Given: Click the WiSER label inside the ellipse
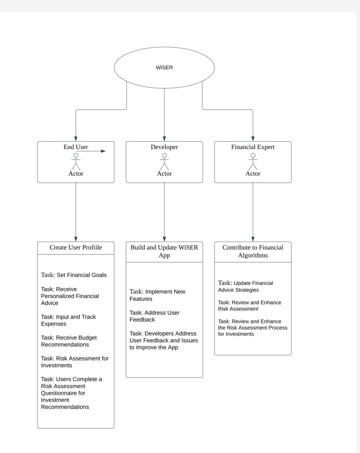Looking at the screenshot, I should pyautogui.click(x=164, y=68).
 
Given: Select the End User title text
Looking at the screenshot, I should pyautogui.click(x=76, y=147).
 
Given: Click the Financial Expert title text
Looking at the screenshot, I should pyautogui.click(x=253, y=147).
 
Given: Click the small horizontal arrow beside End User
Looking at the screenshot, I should pyautogui.click(x=91, y=151).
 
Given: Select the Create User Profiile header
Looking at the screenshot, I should pyautogui.click(x=76, y=247).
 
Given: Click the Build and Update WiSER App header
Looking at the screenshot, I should pyautogui.click(x=164, y=251).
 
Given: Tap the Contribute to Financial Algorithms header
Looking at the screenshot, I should pyautogui.click(x=253, y=251).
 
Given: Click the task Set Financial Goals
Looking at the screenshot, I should pyautogui.click(x=74, y=275).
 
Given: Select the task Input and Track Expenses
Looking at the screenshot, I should pyautogui.click(x=68, y=320).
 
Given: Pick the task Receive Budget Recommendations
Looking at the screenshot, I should pyautogui.click(x=69, y=341).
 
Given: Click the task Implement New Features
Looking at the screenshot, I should pyautogui.click(x=157, y=295).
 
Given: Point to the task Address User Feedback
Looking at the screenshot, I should pyautogui.click(x=154, y=316).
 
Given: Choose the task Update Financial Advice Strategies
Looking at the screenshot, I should pyautogui.click(x=245, y=286).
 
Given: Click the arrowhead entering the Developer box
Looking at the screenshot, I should pyautogui.click(x=164, y=139).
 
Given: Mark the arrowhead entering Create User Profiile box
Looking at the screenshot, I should pyautogui.click(x=76, y=239).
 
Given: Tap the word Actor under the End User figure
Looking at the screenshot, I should pyautogui.click(x=76, y=174).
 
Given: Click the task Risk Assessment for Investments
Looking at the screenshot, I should pyautogui.click(x=75, y=362).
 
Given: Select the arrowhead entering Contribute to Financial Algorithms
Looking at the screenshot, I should pyautogui.click(x=253, y=239).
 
